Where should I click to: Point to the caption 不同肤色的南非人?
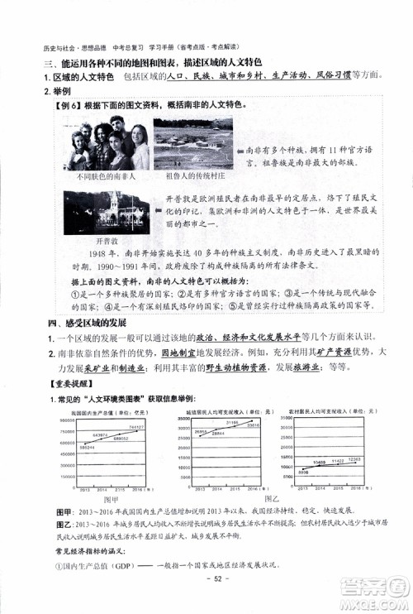pos(104,176)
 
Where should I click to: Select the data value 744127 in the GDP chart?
pos(136,427)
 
